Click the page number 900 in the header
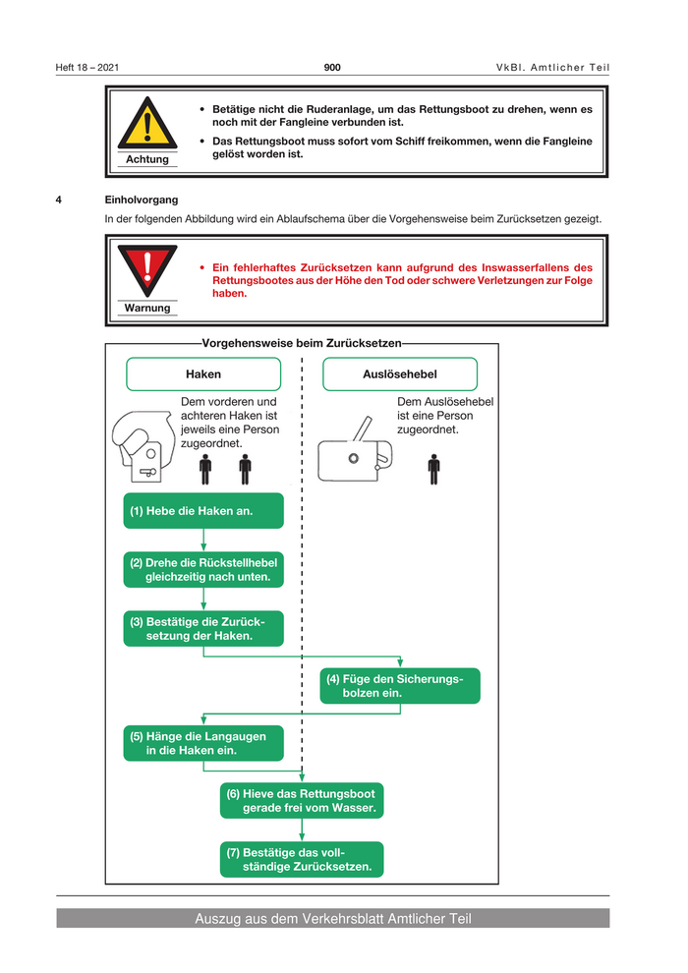tap(332, 67)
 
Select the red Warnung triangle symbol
tap(146, 269)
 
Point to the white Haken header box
tap(203, 374)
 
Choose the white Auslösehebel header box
tap(400, 374)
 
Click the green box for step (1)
tap(203, 511)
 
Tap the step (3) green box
tap(203, 628)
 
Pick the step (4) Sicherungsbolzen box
tap(400, 686)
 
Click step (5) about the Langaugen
tap(203, 743)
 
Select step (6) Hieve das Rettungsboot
tap(302, 801)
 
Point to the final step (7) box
tap(302, 859)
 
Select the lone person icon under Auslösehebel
tap(433, 470)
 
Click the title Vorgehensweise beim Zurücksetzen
tap(302, 343)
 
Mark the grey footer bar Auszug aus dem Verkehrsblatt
tap(332, 919)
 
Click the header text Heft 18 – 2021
tap(87, 67)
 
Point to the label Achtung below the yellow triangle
tap(146, 159)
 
